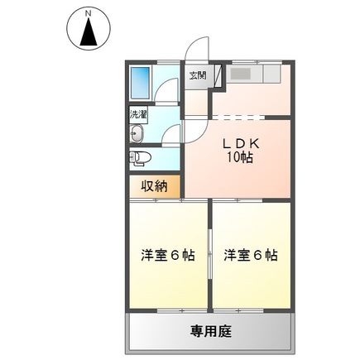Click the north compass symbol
coord(87,32)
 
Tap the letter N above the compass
coord(87,14)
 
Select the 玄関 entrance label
coord(198,77)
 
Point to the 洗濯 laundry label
coord(138,113)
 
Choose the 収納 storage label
coord(155,186)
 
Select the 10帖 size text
coord(239,159)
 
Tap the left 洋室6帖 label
coord(168,256)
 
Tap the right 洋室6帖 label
coord(250,256)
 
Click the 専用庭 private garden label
coord(211,331)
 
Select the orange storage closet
coord(154,186)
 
